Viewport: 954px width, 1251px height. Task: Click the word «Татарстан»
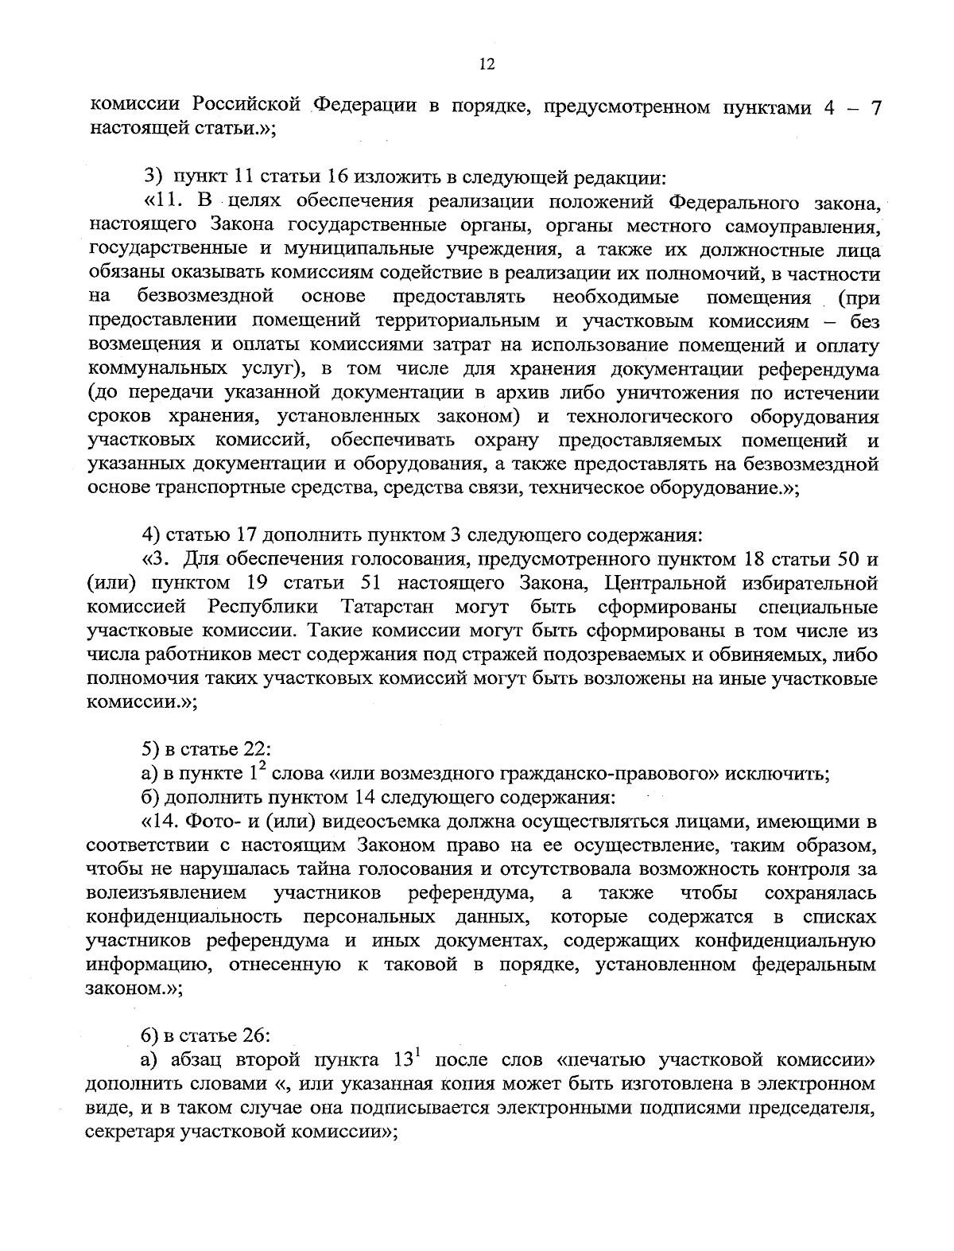tap(388, 608)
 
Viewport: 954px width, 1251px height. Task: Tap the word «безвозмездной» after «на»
tap(206, 297)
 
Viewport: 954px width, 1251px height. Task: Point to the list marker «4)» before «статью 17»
tap(152, 533)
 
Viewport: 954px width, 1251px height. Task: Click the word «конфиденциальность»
tap(189, 917)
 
